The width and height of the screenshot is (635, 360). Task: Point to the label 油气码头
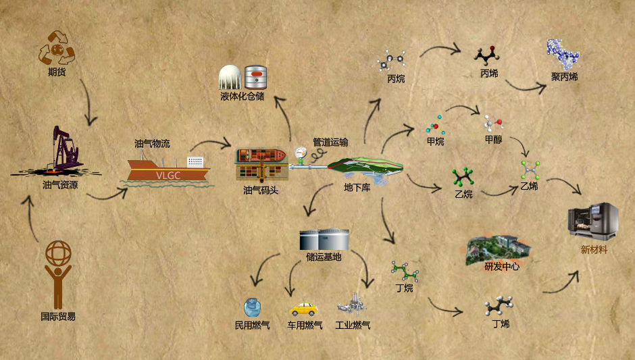pyautogui.click(x=261, y=190)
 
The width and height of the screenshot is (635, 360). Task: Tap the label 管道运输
pyautogui.click(x=330, y=143)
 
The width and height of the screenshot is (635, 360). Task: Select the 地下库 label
pyautogui.click(x=357, y=188)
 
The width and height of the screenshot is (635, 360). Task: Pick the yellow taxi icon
pyautogui.click(x=303, y=309)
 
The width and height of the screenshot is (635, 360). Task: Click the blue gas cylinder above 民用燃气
pyautogui.click(x=252, y=308)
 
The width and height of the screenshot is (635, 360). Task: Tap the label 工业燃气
pyautogui.click(x=353, y=326)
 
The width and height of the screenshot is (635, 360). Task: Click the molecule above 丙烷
pyautogui.click(x=391, y=61)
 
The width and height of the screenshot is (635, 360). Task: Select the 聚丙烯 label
pyautogui.click(x=564, y=76)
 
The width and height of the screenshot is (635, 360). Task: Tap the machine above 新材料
pyautogui.click(x=592, y=221)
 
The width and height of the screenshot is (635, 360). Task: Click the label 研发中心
pyautogui.click(x=501, y=266)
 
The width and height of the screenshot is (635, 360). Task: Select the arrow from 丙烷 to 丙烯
pyautogui.click(x=440, y=51)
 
